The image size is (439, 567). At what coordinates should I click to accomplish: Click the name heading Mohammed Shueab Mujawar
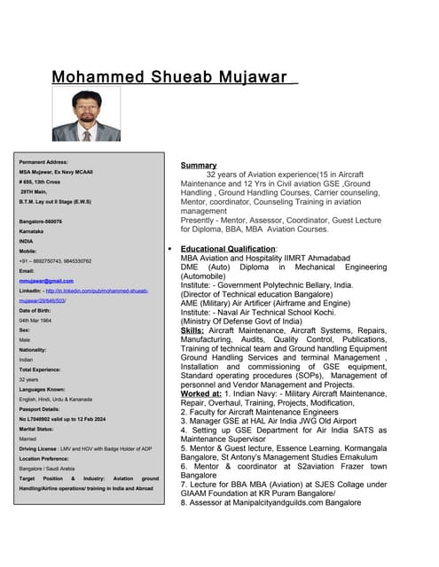point(173,77)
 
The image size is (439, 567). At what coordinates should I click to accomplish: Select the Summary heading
point(199,166)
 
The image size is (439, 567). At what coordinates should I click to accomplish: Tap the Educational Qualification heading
point(228,249)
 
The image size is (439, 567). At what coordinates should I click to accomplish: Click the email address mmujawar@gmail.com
point(43,280)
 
